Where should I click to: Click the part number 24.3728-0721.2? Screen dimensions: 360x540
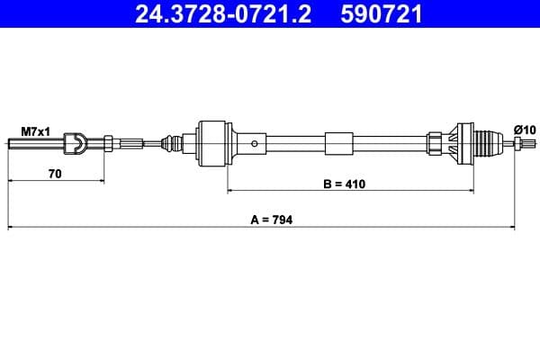216,14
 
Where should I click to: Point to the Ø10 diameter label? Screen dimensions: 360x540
524,130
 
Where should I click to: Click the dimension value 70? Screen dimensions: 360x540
54,174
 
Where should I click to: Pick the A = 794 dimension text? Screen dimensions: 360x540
271,220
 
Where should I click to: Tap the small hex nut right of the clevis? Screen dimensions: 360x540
108,141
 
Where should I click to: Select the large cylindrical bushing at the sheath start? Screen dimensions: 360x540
212,141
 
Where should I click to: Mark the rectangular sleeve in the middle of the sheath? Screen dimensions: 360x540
339,142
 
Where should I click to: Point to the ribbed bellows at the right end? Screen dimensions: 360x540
488,142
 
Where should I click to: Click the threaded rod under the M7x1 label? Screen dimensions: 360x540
36,141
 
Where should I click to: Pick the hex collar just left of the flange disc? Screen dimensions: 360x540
436,142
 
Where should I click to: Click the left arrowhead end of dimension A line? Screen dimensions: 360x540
9,227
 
